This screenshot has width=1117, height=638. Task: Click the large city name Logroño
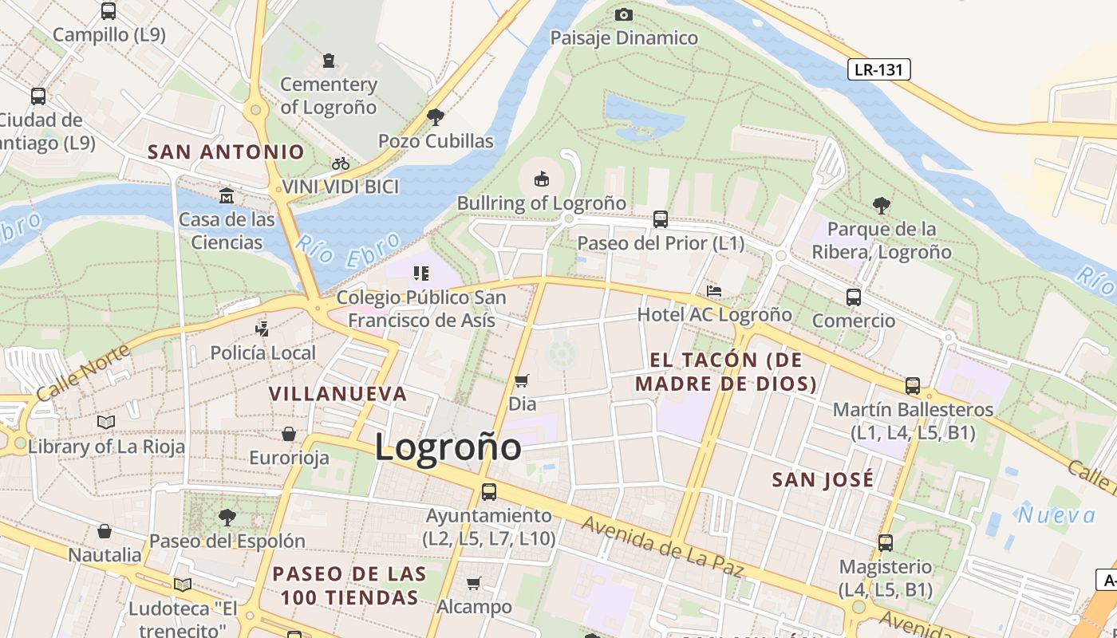[448, 447]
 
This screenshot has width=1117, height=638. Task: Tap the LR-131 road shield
[878, 69]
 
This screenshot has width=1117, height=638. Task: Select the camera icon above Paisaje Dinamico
[624, 14]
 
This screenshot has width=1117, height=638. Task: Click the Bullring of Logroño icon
[542, 177]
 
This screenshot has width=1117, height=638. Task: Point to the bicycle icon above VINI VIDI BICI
[341, 163]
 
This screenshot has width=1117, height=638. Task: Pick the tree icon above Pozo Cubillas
[436, 117]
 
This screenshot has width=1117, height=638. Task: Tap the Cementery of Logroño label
[329, 95]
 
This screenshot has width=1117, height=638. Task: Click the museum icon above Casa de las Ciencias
[227, 195]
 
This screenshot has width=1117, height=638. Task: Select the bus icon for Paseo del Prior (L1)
[661, 219]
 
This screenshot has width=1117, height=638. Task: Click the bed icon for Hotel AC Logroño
[714, 291]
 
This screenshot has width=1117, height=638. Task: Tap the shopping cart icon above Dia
[522, 380]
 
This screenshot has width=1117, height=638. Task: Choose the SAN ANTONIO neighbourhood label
[227, 152]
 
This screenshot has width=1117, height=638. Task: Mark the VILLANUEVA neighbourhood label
[338, 394]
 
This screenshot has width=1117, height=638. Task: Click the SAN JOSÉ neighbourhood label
[823, 479]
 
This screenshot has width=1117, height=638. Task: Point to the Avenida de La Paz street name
[662, 546]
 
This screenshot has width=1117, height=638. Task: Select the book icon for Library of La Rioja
[106, 422]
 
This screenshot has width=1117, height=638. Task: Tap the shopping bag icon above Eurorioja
[289, 434]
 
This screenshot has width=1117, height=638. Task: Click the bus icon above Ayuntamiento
[489, 492]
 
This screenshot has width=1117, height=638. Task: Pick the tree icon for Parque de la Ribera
[882, 206]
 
